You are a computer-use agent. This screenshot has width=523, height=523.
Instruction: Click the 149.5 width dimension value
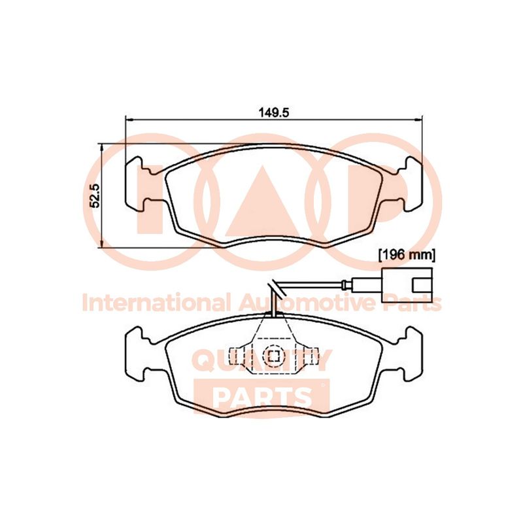[x=273, y=112]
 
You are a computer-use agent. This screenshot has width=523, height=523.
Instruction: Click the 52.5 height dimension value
[x=95, y=195]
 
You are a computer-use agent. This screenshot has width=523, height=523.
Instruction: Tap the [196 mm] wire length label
[x=406, y=255]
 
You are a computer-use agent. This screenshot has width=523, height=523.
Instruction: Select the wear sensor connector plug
[x=407, y=284]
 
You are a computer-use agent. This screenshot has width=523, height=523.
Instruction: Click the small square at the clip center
[x=273, y=356]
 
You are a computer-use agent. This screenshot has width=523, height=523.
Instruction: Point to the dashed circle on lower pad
[x=273, y=356]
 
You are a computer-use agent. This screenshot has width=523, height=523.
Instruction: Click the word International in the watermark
[x=156, y=303]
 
